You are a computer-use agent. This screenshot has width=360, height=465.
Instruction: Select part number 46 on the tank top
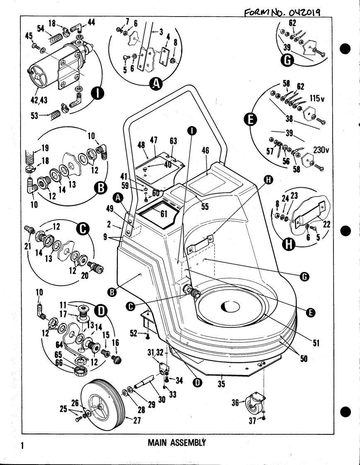[205, 151]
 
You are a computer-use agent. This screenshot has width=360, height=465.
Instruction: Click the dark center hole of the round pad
[231, 307]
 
